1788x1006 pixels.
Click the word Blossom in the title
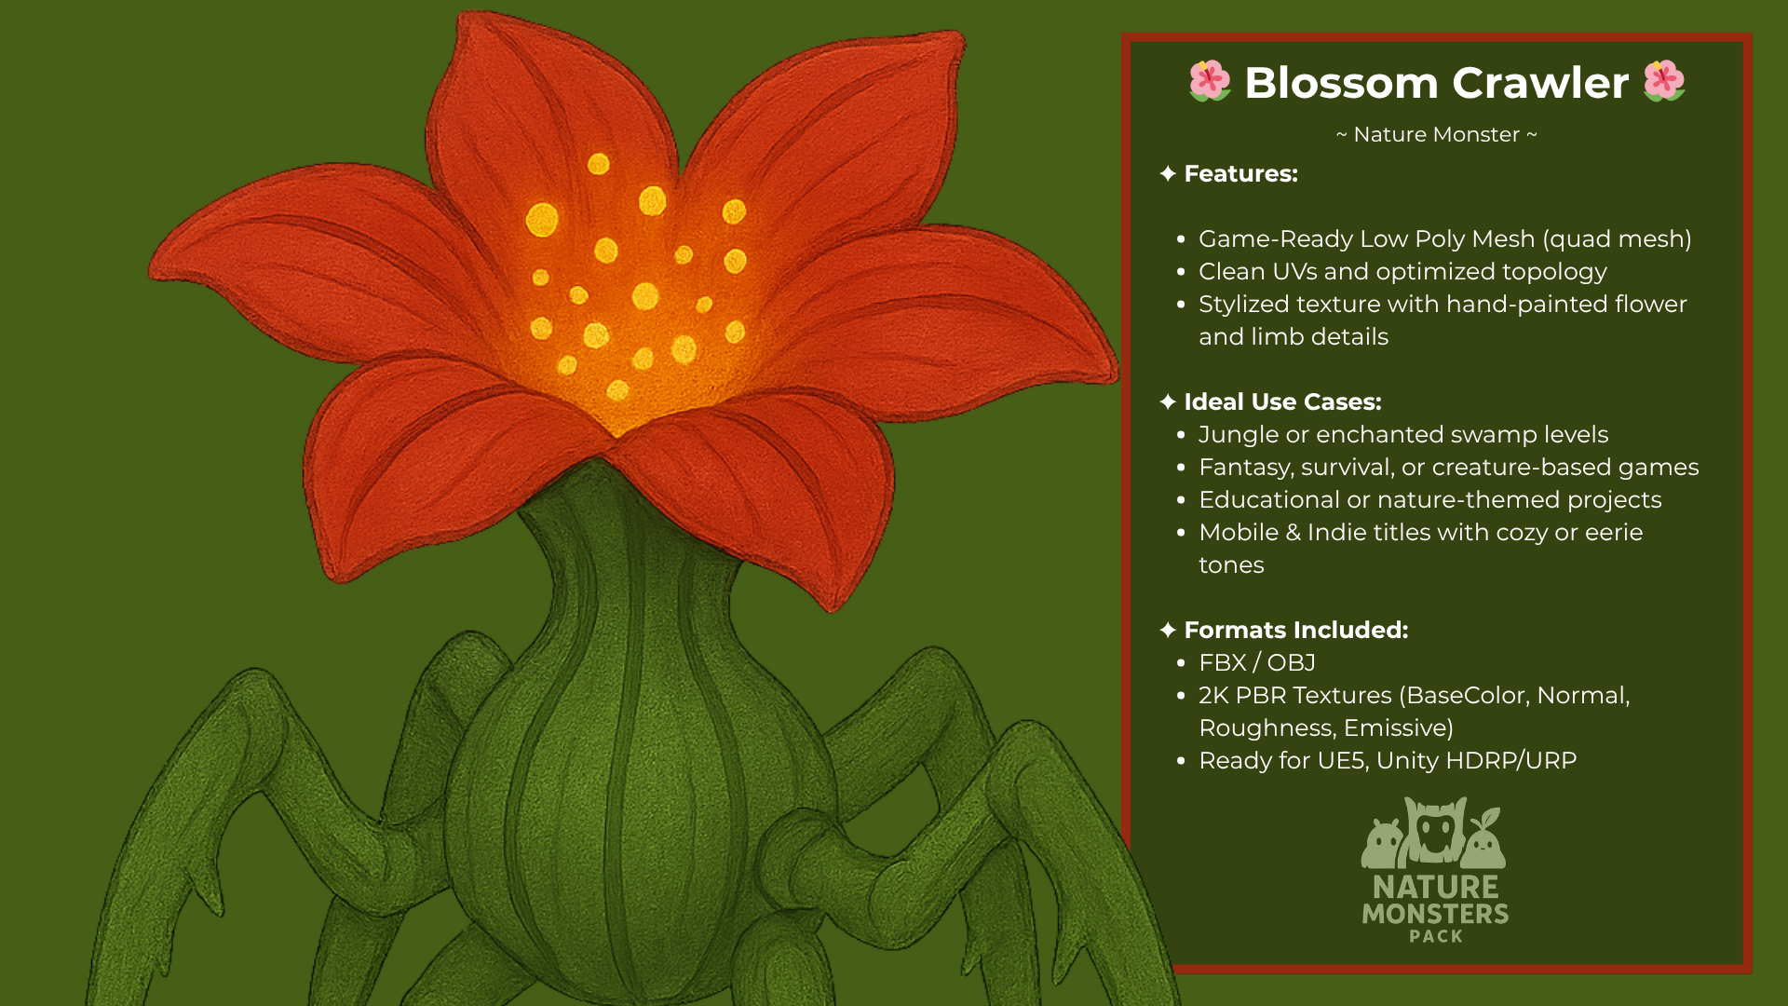(x=1341, y=83)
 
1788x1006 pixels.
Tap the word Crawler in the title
(x=1540, y=83)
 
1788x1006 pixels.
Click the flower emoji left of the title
(x=1210, y=81)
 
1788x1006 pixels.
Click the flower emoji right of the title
(x=1664, y=81)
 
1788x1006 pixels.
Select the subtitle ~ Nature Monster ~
(x=1436, y=135)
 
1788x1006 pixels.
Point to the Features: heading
(x=1240, y=174)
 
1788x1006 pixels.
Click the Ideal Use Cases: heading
(x=1282, y=402)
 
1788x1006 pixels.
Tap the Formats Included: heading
(x=1295, y=631)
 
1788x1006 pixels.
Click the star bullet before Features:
(x=1168, y=174)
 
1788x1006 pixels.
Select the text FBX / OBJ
(x=1257, y=662)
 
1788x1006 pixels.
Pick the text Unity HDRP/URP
(x=1476, y=761)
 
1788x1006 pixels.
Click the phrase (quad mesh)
(x=1617, y=239)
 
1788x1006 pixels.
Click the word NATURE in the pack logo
(x=1436, y=887)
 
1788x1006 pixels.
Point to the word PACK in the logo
(x=1436, y=936)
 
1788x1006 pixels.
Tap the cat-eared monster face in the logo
(x=1435, y=831)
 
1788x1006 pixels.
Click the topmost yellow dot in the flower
(x=599, y=165)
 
